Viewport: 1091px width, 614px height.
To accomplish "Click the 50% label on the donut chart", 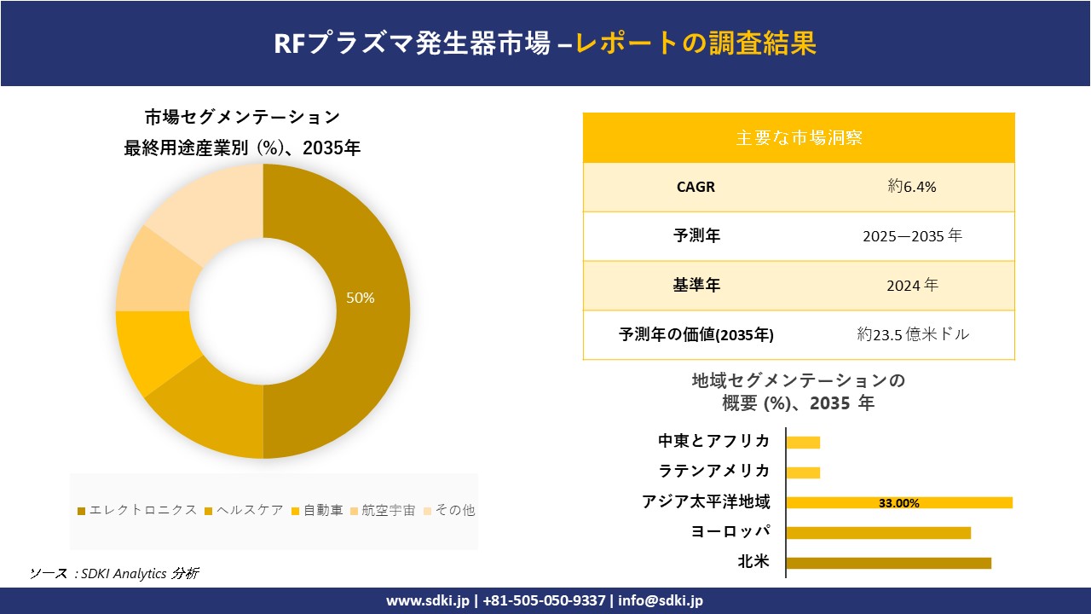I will tap(360, 298).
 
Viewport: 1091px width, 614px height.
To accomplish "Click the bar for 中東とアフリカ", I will tap(803, 443).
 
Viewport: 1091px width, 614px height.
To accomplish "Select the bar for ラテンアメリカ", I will tap(803, 472).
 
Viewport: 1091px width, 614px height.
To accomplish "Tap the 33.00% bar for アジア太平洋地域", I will tap(898, 502).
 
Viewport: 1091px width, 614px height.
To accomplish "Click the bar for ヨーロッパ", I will tap(878, 533).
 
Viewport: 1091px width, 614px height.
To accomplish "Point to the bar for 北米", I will tap(888, 563).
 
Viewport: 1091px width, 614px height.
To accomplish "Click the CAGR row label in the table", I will tap(696, 187).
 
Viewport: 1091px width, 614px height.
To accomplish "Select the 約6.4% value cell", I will tap(912, 187).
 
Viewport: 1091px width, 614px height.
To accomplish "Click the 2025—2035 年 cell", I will tap(912, 236).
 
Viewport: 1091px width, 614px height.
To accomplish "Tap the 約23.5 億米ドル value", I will tap(913, 334).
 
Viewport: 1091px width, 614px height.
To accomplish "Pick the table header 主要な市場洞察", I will tap(799, 137).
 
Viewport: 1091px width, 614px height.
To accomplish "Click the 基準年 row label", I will tap(696, 286).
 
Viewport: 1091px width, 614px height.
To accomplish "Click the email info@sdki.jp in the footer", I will tap(661, 600).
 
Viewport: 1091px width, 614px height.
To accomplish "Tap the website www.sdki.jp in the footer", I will tap(428, 600).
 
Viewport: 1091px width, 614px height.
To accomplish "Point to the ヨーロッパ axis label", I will tap(731, 532).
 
